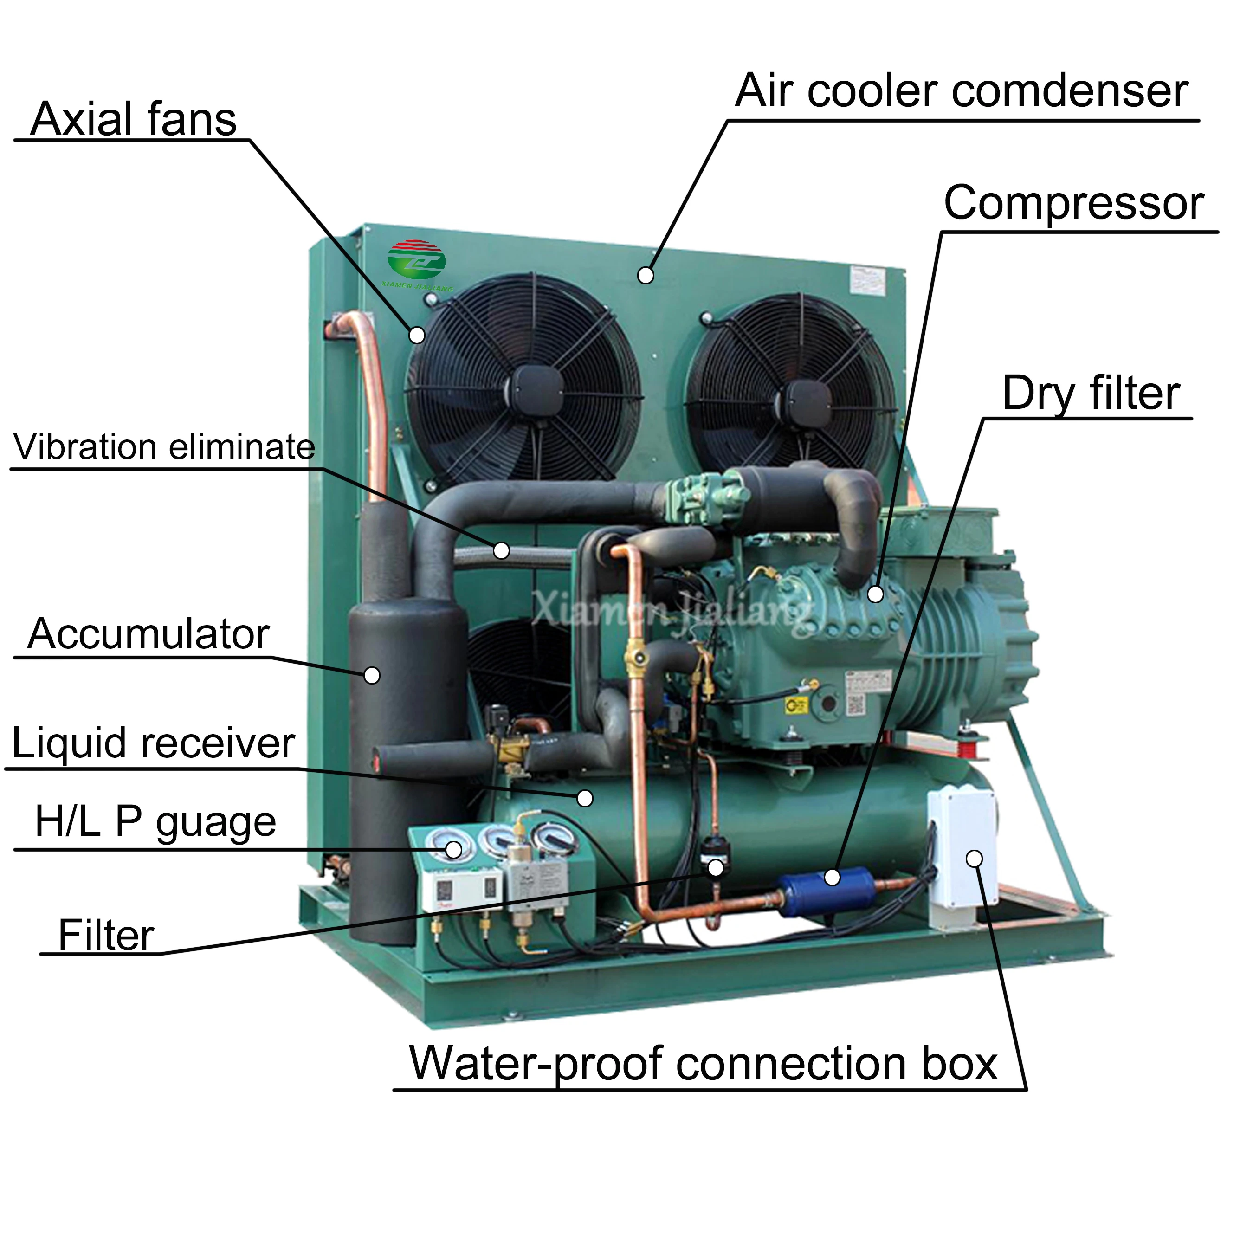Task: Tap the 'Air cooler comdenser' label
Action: point(961,91)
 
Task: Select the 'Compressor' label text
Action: point(1073,203)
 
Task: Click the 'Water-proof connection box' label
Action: point(703,1064)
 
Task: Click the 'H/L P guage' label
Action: point(155,822)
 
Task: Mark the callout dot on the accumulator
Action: point(372,675)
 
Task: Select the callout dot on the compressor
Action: point(875,594)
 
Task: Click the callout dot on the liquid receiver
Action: point(585,798)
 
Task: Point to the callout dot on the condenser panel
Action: point(646,276)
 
